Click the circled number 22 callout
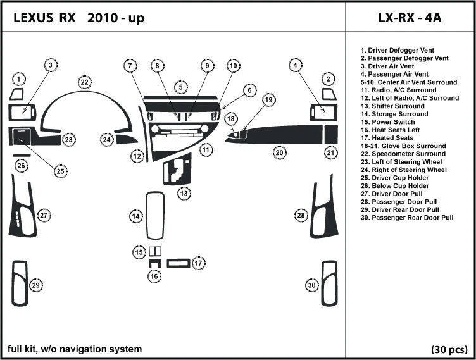pyautogui.click(x=84, y=82)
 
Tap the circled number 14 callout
pyautogui.click(x=135, y=217)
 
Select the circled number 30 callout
pyautogui.click(x=311, y=285)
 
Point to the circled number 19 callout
pyautogui.click(x=269, y=100)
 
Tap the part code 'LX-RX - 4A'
pyautogui.click(x=410, y=18)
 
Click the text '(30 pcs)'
pyautogui.click(x=449, y=349)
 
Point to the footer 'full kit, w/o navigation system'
pyautogui.click(x=75, y=349)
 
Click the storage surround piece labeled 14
pyautogui.click(x=154, y=216)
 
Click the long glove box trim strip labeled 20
pyautogui.click(x=285, y=135)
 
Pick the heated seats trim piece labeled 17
pyautogui.click(x=178, y=263)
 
